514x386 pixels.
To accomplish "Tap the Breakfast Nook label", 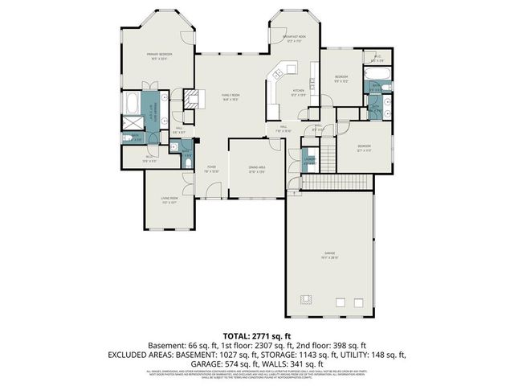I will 291,39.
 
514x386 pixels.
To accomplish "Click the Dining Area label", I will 256,170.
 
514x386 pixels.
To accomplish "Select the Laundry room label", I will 308,160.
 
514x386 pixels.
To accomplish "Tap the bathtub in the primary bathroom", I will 131,104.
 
